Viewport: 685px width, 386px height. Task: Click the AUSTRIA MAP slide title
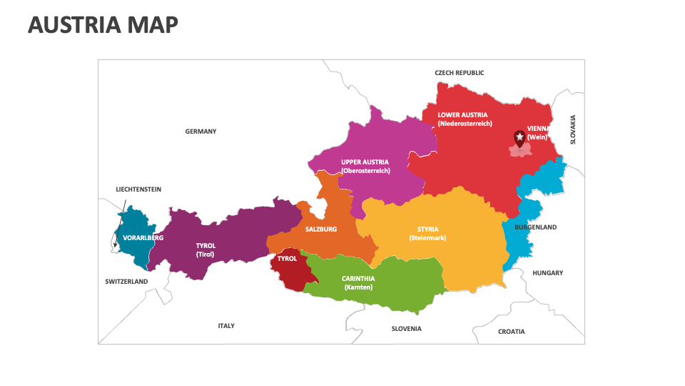pos(103,24)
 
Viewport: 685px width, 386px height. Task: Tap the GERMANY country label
pos(201,132)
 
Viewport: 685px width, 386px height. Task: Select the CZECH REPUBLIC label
pos(460,73)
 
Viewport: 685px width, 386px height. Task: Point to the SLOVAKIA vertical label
pos(572,130)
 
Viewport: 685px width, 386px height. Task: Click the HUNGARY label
pos(547,273)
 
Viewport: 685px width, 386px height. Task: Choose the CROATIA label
pos(511,332)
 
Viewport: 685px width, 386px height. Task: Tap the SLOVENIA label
pos(406,329)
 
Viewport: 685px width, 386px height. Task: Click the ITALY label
pos(226,326)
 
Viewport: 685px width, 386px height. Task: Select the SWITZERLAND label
pos(126,282)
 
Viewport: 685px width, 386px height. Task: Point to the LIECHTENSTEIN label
pos(138,189)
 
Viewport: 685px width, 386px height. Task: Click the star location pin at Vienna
pos(519,138)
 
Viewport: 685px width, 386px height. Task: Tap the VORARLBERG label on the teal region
pos(143,237)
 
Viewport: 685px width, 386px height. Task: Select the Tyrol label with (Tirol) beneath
pos(205,249)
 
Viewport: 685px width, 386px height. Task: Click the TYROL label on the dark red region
pos(287,259)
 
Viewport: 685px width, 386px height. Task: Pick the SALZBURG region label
pos(320,229)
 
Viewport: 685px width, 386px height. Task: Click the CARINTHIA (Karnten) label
pos(358,283)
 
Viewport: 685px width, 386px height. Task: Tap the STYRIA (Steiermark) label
pos(427,234)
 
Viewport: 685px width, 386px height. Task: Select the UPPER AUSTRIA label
pos(365,167)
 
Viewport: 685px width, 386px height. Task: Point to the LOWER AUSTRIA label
pos(463,119)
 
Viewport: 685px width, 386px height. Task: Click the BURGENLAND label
pos(535,227)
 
